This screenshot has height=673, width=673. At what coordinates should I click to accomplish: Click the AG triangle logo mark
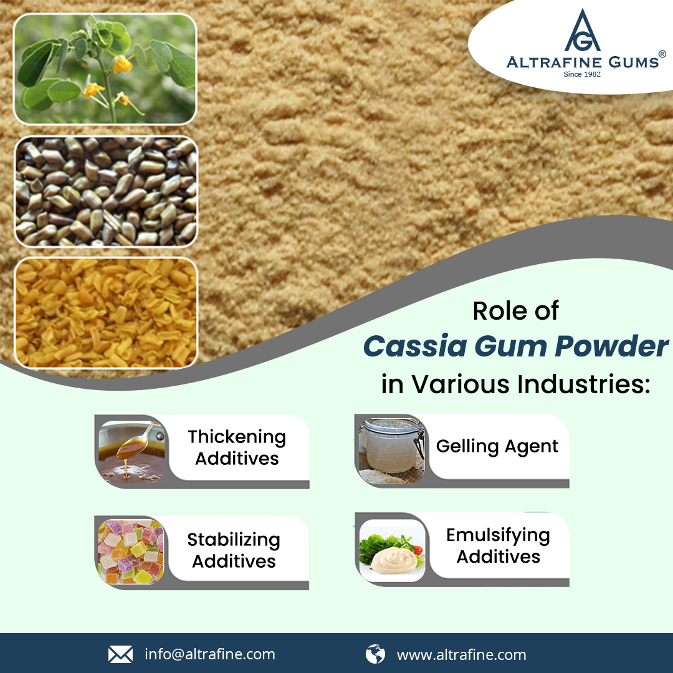[x=582, y=32]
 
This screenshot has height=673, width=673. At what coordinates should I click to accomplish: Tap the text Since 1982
[x=582, y=74]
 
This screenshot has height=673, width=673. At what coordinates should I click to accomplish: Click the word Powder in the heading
[x=611, y=346]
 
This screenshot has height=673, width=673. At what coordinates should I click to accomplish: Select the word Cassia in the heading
[x=415, y=346]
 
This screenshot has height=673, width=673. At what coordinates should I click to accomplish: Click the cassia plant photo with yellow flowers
[x=105, y=69]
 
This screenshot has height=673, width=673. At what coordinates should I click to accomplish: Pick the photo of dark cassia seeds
[x=106, y=191]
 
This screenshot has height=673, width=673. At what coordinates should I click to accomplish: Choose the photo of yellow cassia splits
[x=106, y=313]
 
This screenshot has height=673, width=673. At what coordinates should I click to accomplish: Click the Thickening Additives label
[x=237, y=447]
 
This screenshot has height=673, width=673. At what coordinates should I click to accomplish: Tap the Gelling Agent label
[x=497, y=446]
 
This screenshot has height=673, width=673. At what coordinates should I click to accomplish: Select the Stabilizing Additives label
[x=234, y=550]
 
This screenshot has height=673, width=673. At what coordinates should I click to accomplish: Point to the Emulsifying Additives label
[x=498, y=545]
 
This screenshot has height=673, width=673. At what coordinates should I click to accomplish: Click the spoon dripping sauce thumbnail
[x=131, y=452]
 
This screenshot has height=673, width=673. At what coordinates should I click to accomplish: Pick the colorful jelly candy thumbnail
[x=131, y=552]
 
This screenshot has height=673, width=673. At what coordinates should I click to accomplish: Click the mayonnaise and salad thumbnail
[x=392, y=551]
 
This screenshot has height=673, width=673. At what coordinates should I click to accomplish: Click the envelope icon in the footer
[x=120, y=654]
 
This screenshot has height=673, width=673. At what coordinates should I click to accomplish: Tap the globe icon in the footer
[x=375, y=654]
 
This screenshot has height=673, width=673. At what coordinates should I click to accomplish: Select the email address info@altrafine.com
[x=210, y=654]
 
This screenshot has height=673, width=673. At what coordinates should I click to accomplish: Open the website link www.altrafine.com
[x=461, y=655]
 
